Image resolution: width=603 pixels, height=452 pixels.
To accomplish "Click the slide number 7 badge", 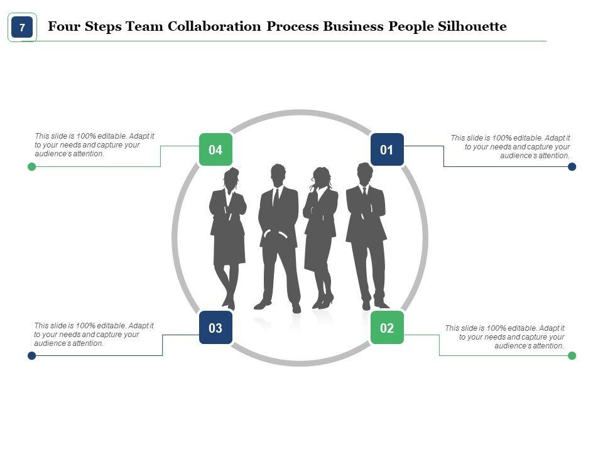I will click(22, 28).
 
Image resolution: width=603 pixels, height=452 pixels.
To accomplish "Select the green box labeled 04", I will click(215, 150).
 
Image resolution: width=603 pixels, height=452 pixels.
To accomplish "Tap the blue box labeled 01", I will click(387, 150).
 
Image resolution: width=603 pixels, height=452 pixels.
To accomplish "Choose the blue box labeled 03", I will click(215, 328).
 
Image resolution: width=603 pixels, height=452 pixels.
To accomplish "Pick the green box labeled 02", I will click(387, 328).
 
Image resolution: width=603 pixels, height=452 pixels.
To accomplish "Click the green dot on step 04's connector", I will click(32, 166).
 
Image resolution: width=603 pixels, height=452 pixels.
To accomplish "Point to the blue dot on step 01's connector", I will click(572, 166).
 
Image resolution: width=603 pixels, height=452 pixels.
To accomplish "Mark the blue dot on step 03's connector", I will click(32, 356).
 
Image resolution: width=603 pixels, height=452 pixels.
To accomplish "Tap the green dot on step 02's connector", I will click(572, 356).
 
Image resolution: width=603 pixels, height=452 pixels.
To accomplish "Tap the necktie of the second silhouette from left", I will click(276, 197).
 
